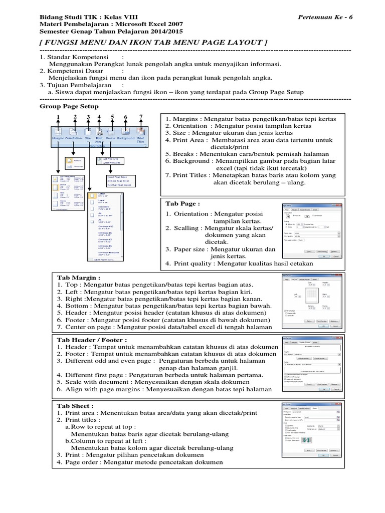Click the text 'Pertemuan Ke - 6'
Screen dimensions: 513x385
325,17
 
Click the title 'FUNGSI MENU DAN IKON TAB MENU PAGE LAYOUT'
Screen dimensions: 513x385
153,43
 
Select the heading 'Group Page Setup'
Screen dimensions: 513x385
69,106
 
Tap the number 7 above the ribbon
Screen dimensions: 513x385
141,117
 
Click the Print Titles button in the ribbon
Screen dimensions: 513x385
141,134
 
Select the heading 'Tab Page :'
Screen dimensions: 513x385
182,204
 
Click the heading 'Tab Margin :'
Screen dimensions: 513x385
79,277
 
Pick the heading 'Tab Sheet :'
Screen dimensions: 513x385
75,405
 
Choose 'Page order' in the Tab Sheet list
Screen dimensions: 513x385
84,462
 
